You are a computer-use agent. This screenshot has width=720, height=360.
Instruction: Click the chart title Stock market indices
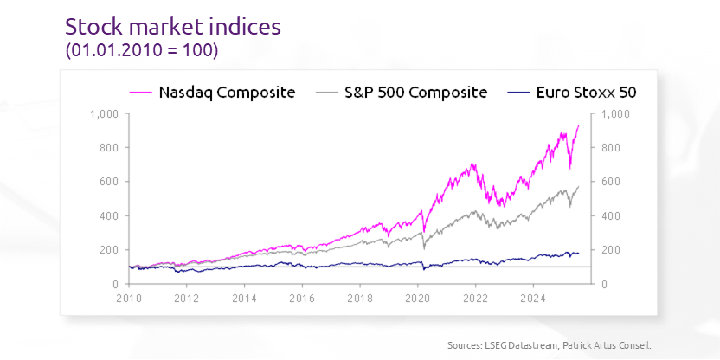point(173,27)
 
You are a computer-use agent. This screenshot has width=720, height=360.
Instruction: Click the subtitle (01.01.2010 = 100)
point(142,51)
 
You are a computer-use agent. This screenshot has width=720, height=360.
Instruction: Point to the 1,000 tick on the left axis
point(105,113)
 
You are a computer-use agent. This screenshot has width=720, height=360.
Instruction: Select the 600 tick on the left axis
point(109,182)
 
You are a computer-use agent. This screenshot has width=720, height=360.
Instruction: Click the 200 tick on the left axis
point(109,250)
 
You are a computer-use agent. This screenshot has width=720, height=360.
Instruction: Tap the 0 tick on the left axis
point(114,284)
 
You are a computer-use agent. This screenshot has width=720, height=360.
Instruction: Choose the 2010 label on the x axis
point(129,298)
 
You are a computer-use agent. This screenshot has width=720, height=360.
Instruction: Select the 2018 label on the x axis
point(360,298)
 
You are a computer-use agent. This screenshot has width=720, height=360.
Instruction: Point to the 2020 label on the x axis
point(418,298)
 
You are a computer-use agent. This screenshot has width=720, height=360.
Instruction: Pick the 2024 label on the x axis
point(533,298)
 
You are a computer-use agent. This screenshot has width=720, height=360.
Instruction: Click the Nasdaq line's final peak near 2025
point(578,125)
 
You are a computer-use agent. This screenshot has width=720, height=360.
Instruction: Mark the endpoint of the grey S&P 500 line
point(578,187)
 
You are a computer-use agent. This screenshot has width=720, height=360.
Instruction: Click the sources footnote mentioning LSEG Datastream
point(549,345)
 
